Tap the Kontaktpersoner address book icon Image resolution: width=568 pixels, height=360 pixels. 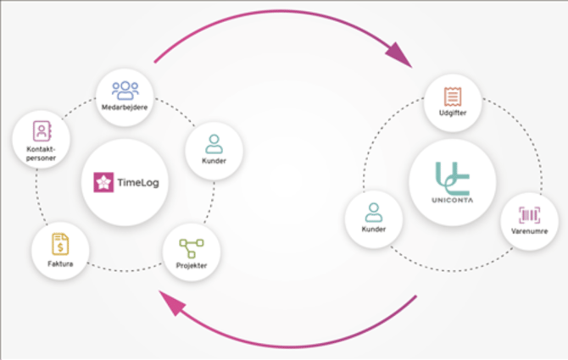click(x=40, y=130)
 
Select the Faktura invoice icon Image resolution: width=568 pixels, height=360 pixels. click(x=60, y=245)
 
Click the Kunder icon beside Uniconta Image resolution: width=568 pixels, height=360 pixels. click(x=373, y=212)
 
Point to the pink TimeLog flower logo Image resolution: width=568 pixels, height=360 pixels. click(x=103, y=181)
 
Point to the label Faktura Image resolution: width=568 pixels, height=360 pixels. click(x=60, y=264)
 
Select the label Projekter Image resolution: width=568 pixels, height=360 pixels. click(x=192, y=265)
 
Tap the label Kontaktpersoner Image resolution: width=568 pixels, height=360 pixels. click(x=40, y=152)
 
